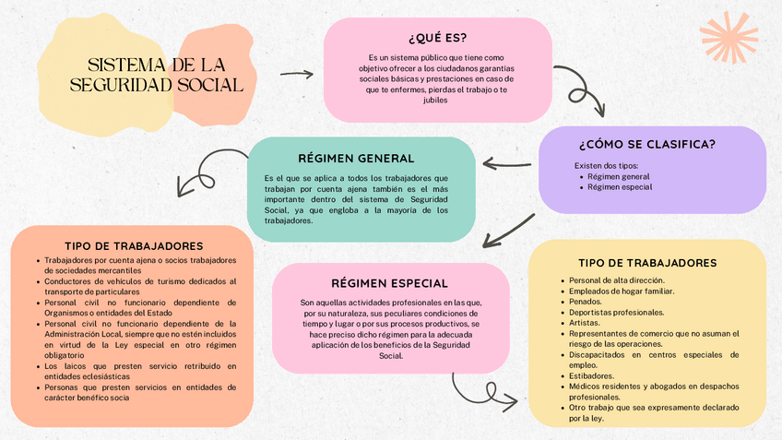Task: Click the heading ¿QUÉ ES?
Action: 437,39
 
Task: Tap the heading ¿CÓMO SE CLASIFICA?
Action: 646,145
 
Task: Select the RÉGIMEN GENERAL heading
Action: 356,159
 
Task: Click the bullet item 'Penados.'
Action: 586,302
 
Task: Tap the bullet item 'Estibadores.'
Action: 591,376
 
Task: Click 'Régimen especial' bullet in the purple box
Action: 619,187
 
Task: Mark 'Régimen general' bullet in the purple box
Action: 618,176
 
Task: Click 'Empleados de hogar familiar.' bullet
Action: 621,291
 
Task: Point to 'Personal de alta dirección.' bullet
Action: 616,280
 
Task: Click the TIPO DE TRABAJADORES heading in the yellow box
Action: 647,263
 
